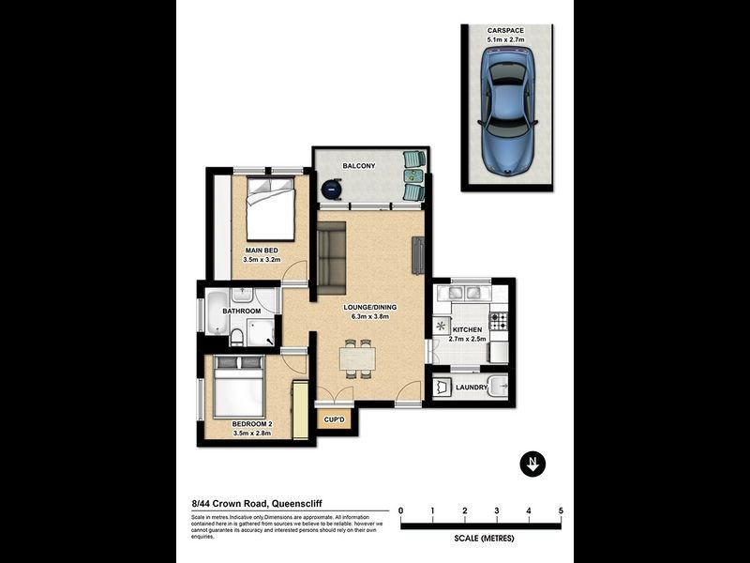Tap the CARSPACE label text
click(506, 30)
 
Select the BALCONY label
click(359, 166)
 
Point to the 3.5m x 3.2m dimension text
click(262, 260)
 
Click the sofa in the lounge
click(331, 255)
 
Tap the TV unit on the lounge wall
click(418, 255)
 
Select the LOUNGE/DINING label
click(369, 307)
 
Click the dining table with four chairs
click(357, 358)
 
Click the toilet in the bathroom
click(239, 337)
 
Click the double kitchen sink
click(465, 293)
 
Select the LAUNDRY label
click(471, 388)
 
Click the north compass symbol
click(532, 464)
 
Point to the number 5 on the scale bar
click(561, 511)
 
